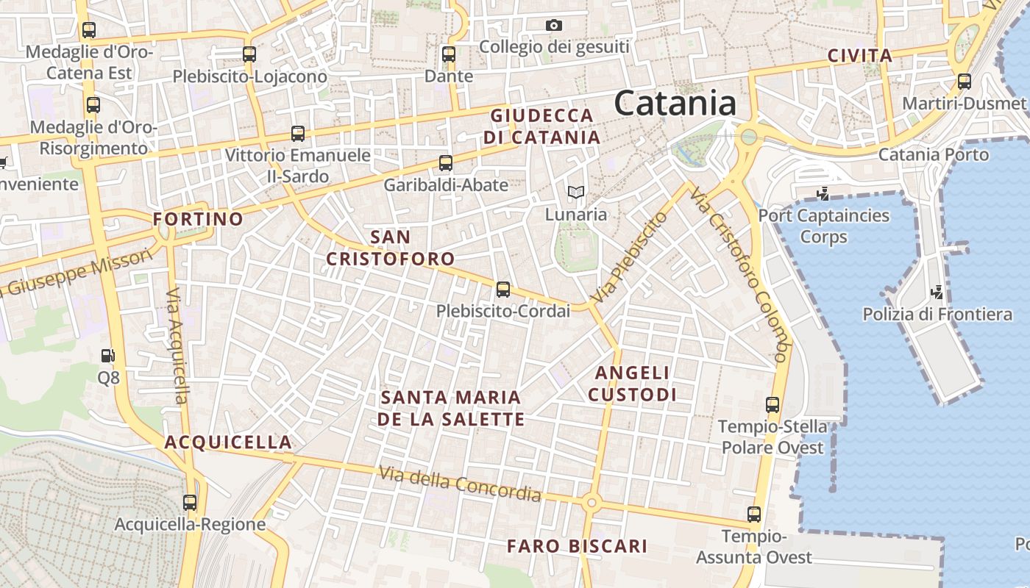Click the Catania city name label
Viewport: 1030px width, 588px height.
click(x=675, y=103)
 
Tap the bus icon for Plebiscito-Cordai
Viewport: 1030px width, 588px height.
click(x=503, y=290)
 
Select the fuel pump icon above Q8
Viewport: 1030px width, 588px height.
click(x=108, y=356)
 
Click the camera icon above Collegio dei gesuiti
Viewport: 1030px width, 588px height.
click(x=554, y=26)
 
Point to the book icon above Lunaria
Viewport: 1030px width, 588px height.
click(x=575, y=193)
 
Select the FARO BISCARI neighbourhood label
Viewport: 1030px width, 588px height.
click(x=577, y=546)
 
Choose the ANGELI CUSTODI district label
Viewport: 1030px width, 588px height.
click(x=632, y=384)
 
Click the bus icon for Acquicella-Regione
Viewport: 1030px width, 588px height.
click(x=190, y=503)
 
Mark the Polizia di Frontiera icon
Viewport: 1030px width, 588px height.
click(x=937, y=293)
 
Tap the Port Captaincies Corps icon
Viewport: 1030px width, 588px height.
click(x=823, y=194)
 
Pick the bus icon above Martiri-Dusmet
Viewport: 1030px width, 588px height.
click(x=964, y=82)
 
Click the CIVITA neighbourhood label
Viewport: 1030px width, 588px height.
click(x=859, y=56)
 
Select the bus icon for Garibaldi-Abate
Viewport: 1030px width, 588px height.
click(x=445, y=163)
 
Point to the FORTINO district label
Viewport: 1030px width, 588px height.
click(x=198, y=219)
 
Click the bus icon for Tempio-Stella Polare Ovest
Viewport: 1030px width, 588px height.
click(x=772, y=404)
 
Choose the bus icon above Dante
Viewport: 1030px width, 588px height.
click(x=449, y=54)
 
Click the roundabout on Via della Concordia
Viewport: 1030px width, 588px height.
click(x=592, y=503)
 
